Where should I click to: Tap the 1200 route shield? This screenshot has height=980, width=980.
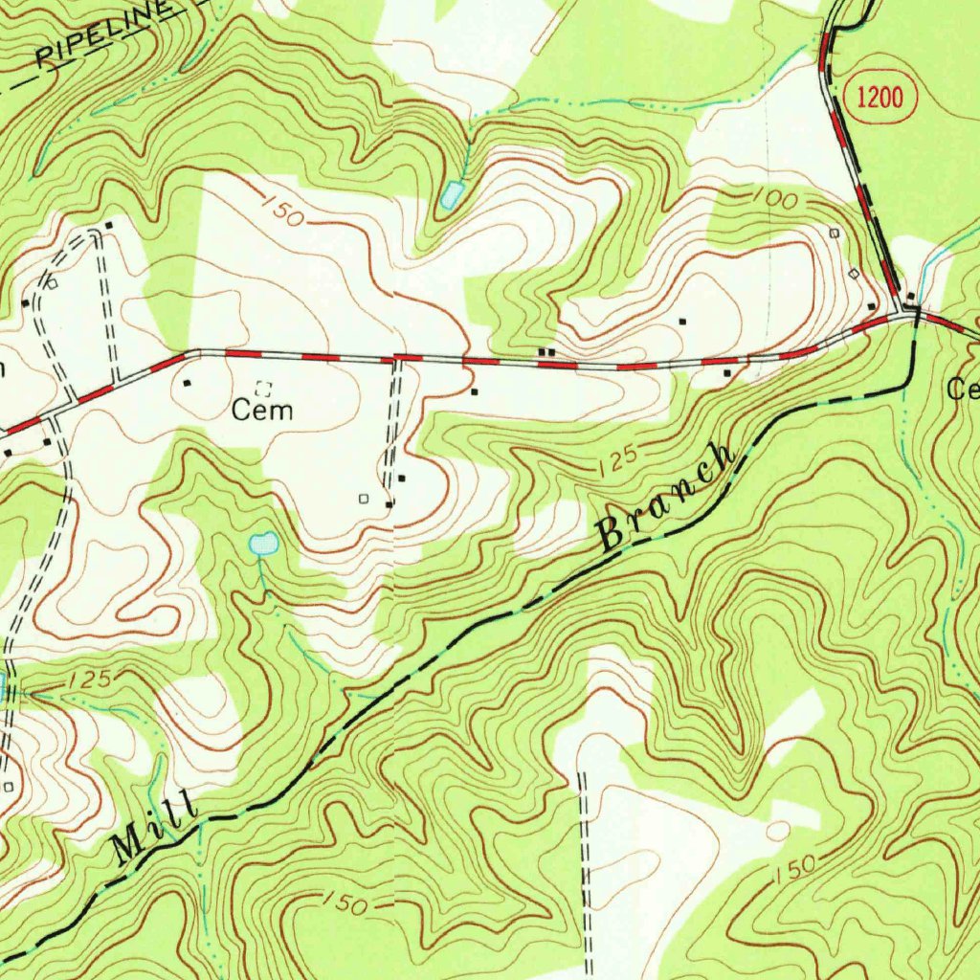pos(879,97)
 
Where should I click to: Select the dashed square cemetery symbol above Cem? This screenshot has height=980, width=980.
pos(265,388)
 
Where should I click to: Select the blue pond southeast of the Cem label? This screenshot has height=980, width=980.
pos(263,545)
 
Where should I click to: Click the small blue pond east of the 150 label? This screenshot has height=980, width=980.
pos(450,196)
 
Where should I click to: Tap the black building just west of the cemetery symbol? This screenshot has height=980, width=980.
pos(187,383)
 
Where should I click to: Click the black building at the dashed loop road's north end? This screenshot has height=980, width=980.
pos(109,226)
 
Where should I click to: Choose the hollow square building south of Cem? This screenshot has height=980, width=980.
pos(363,498)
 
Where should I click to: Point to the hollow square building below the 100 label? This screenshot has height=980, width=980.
pos(835,233)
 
